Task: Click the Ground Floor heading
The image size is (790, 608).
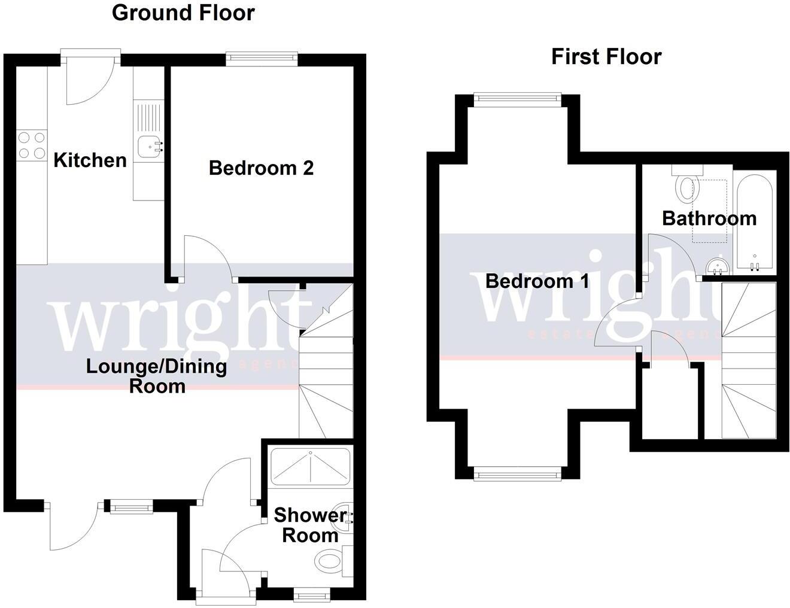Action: tap(183, 13)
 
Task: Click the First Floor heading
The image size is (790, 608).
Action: tap(606, 57)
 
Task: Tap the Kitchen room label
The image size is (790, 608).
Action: tap(90, 160)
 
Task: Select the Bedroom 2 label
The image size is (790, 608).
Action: tap(261, 168)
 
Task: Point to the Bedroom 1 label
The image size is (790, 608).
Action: tap(537, 281)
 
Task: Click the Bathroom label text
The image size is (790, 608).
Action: tap(709, 218)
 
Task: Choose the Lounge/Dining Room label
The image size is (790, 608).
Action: tap(156, 376)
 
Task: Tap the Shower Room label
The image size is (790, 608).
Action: tap(310, 525)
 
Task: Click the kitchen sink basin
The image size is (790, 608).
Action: tap(148, 145)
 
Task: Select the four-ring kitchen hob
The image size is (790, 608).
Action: tap(32, 145)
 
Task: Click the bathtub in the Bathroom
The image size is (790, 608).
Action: tap(755, 221)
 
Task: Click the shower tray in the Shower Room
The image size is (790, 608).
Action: tap(310, 467)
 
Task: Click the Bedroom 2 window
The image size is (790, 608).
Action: tap(262, 58)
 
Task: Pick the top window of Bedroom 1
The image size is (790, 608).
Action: tap(517, 99)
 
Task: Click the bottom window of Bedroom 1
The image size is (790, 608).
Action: tap(517, 474)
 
